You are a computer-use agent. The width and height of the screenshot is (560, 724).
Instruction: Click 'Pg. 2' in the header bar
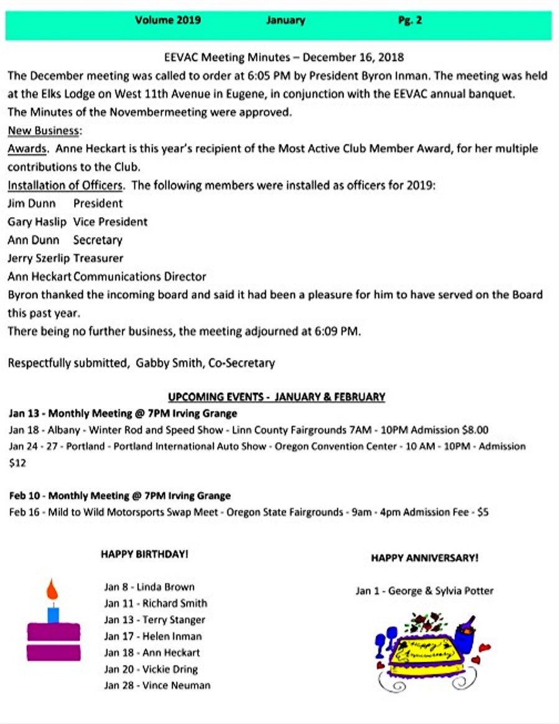[410, 20]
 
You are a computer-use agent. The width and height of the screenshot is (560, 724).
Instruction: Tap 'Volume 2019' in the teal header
[168, 20]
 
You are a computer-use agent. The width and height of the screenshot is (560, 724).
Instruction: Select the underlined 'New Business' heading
[44, 131]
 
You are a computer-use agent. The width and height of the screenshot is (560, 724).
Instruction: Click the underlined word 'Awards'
[27, 149]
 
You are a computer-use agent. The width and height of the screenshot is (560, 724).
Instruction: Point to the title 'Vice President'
[110, 221]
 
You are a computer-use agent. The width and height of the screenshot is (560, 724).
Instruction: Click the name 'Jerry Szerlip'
[39, 258]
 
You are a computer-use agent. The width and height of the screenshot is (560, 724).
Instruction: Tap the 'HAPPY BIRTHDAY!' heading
[144, 554]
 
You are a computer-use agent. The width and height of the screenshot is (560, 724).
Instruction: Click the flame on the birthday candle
[53, 588]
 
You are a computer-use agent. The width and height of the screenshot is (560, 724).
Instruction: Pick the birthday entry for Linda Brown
[149, 587]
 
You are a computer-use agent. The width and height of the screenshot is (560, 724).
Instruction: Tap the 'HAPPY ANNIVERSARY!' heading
[424, 558]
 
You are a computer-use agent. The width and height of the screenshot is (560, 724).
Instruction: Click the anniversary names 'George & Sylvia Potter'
[441, 591]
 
